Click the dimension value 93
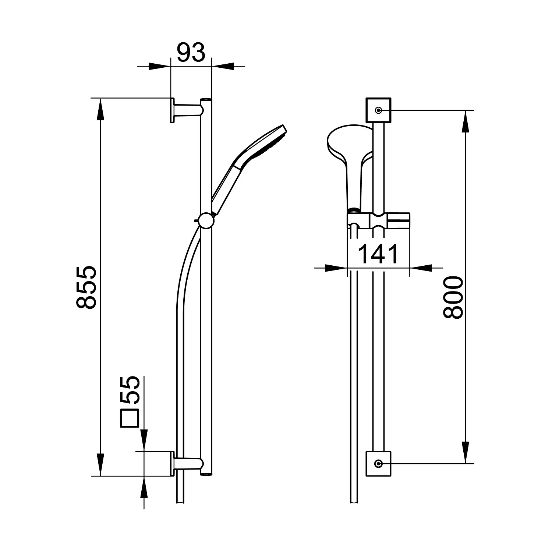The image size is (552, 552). tap(191, 53)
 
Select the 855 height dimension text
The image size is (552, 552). tap(86, 287)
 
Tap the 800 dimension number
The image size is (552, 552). tap(452, 298)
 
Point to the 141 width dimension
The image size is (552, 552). tap(378, 254)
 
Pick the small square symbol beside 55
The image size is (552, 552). tap(130, 419)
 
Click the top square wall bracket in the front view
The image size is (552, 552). tap(378, 110)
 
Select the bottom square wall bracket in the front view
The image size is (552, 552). tap(378, 463)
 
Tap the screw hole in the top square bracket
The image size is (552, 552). tap(378, 110)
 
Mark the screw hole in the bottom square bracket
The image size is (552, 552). tap(378, 463)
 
